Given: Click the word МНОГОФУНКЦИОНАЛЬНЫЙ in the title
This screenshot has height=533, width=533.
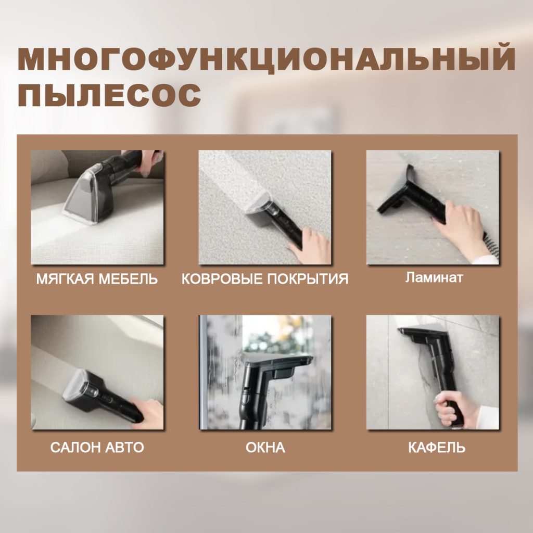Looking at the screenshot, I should pyautogui.click(x=266, y=60).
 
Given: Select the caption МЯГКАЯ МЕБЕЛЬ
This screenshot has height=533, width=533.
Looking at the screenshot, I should pyautogui.click(x=97, y=279).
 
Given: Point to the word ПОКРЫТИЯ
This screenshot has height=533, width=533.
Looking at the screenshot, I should pyautogui.click(x=308, y=279).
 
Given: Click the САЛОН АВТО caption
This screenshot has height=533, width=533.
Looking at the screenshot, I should pyautogui.click(x=97, y=448).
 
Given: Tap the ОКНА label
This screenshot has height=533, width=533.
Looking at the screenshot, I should pyautogui.click(x=265, y=448).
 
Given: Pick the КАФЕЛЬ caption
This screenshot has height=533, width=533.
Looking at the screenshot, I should pyautogui.click(x=437, y=448).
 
